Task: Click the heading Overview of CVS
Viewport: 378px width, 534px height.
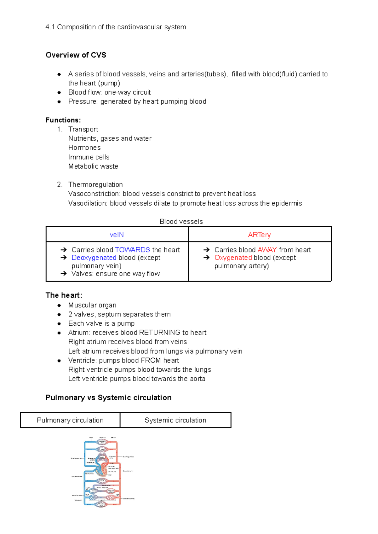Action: coord(76,55)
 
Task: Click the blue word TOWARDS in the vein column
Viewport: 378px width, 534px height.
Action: coord(132,250)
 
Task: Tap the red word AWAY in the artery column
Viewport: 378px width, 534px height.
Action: coord(267,250)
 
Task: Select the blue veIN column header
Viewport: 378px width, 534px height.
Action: coord(117,235)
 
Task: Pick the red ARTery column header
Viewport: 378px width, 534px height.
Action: coord(259,235)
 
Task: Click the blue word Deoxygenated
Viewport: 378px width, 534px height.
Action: coord(94,258)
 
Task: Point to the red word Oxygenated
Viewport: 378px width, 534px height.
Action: coord(233,258)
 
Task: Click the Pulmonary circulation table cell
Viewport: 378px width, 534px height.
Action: coord(70,420)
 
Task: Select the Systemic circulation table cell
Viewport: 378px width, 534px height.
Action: coord(175,420)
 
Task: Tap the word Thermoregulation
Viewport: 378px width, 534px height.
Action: coord(95,184)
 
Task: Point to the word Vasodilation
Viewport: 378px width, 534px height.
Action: coord(88,203)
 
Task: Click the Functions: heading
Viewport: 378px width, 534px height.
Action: coord(63,120)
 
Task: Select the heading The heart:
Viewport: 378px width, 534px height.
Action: coord(64,295)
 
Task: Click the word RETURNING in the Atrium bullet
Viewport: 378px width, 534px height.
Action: coord(160,333)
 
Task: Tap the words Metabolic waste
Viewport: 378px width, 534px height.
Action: coord(93,166)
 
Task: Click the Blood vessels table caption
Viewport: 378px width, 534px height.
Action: coord(181,222)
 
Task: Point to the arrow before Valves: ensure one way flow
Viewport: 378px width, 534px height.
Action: coord(64,274)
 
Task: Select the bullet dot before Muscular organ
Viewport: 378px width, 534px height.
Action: coord(59,305)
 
